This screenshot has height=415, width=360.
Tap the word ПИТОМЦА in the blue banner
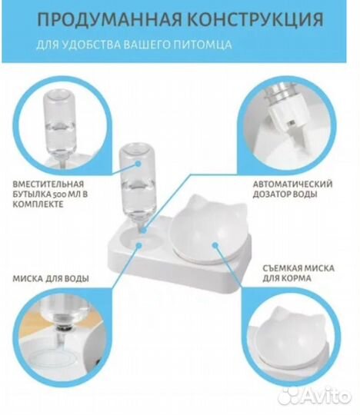[211, 46]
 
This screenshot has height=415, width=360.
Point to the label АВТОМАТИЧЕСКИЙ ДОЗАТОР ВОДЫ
[292, 191]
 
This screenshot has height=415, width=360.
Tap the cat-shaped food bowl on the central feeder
[208, 230]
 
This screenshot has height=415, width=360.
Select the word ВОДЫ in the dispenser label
[308, 196]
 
